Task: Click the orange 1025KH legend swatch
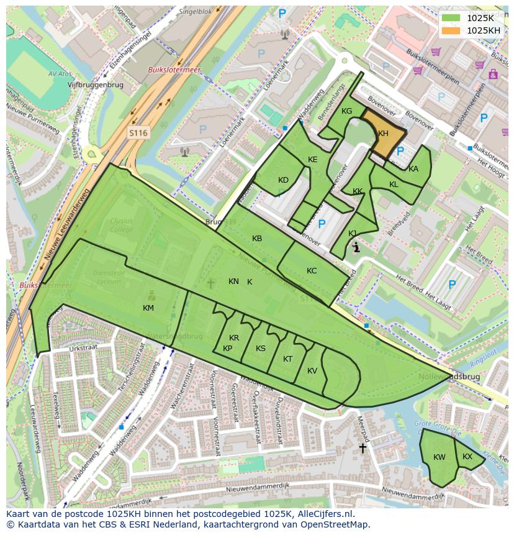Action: point(451,30)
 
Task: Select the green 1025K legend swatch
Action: point(451,18)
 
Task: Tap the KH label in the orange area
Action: point(383,134)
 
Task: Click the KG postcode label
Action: point(346,111)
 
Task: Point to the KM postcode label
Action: point(148,308)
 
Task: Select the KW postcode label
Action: point(440,457)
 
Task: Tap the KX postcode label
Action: point(467,457)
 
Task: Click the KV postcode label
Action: point(312,371)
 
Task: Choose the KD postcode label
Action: point(283,180)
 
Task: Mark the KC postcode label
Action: point(312,271)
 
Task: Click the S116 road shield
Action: point(138,133)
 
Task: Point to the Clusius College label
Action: point(122,225)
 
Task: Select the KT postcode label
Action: point(287,359)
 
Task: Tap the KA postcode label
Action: point(413,169)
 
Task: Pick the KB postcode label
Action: point(257,239)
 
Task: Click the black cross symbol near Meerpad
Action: point(363,447)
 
